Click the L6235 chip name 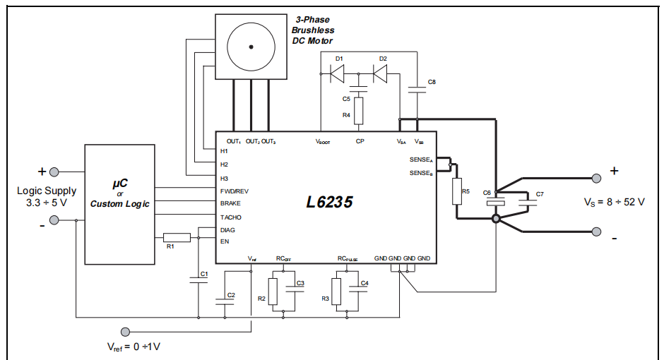[x=329, y=202]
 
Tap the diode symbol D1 [x=338, y=74]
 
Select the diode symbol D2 [x=380, y=74]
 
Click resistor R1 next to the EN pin [x=177, y=237]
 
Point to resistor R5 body [x=457, y=191]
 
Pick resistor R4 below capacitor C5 [x=359, y=111]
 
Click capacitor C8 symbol [x=417, y=90]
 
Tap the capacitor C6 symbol [x=496, y=201]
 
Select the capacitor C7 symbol [x=528, y=202]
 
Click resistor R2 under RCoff [x=273, y=292]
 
